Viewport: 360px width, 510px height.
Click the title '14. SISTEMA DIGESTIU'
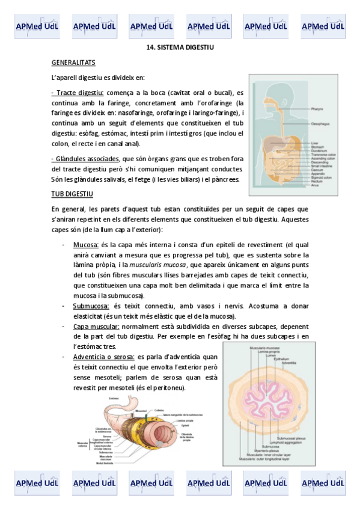180,47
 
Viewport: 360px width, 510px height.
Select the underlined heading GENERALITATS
73,63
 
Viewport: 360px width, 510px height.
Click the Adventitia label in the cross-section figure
289,363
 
